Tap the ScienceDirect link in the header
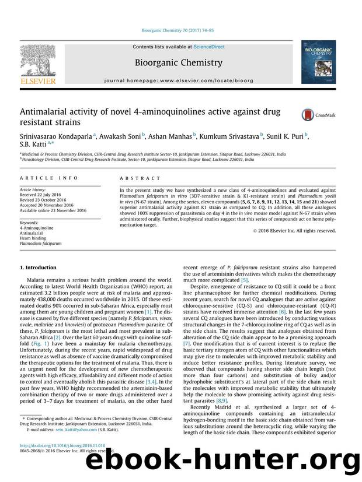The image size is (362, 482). coord(202,47)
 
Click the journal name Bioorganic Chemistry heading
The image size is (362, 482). coord(178,62)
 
